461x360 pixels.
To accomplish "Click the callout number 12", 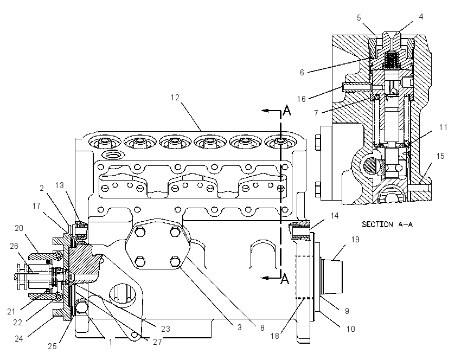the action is (x=175, y=97).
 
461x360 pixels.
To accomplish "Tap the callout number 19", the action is (x=355, y=240).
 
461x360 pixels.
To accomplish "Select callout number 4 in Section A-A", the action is (x=421, y=17).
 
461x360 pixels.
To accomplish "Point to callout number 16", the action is (x=302, y=99).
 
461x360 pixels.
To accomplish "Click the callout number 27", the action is (x=157, y=342).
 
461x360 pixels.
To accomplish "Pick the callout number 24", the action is (x=19, y=338).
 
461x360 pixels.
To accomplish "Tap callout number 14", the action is (x=335, y=216).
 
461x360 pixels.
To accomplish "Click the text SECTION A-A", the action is (x=387, y=224).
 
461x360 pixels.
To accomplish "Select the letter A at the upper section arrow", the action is (x=287, y=111).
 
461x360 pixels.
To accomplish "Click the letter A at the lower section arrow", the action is (x=285, y=279).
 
